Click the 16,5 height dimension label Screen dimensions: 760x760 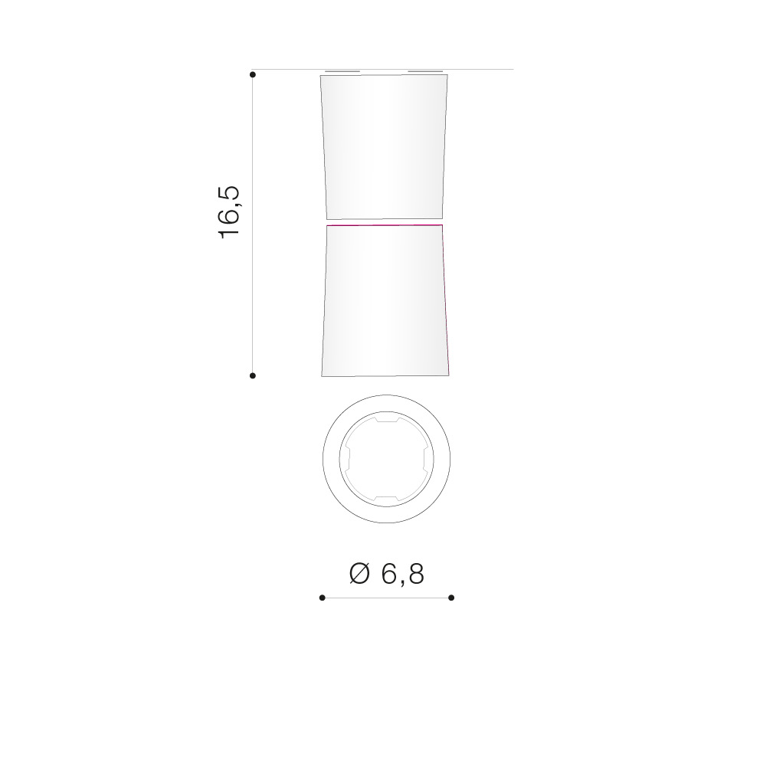coord(229,211)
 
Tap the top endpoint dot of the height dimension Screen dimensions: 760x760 coord(253,74)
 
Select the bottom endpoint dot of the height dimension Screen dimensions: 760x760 coord(253,375)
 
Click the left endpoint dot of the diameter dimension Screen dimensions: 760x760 coord(323,598)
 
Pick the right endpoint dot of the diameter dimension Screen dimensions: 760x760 coord(451,598)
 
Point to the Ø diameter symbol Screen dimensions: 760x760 coord(359,574)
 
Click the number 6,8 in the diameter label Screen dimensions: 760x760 coord(403,575)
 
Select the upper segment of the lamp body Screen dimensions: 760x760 coord(384,147)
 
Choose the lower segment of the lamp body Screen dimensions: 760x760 coord(385,300)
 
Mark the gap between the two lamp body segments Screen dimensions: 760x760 coord(385,222)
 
